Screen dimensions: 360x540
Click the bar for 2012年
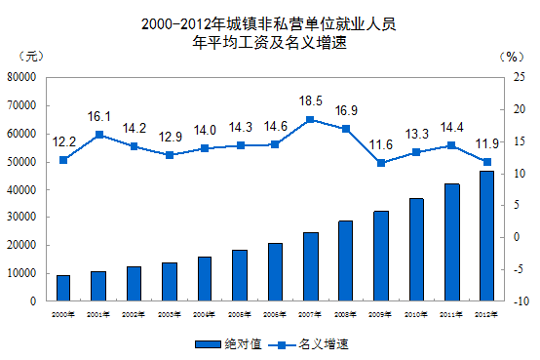click(485, 236)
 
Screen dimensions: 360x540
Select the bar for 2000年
click(63, 288)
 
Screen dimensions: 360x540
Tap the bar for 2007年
click(310, 266)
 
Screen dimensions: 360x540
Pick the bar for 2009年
click(380, 256)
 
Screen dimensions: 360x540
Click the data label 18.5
click(310, 100)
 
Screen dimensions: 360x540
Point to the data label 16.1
click(98, 115)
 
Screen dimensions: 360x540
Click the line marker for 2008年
click(345, 129)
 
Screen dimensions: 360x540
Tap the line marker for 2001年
click(98, 134)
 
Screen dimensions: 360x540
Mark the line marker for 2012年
click(485, 161)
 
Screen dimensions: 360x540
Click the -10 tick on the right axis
click(522, 301)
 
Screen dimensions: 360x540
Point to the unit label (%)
click(509, 57)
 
